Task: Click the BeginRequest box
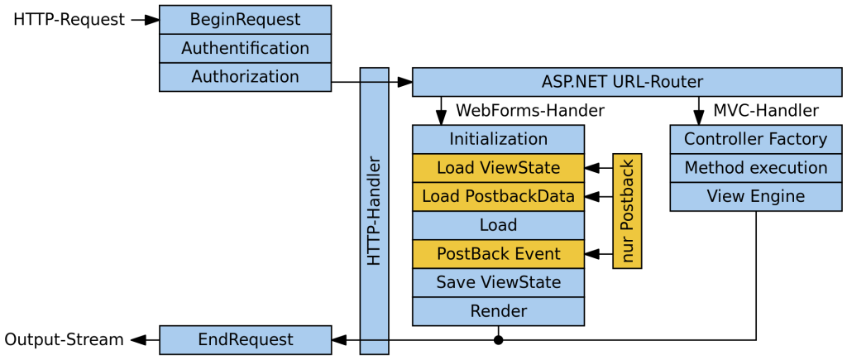245,19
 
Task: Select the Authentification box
245,48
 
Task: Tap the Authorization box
245,77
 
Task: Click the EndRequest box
245,339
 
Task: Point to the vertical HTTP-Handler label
374,211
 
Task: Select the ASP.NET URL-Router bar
626,82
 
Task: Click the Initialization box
498,139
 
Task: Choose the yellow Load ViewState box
498,168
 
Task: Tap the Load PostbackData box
498,196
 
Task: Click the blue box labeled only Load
498,225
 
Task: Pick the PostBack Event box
498,254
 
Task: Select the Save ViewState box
498,282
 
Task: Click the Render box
498,311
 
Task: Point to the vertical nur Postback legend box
627,211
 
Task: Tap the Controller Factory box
755,139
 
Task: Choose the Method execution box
755,168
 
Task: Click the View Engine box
755,196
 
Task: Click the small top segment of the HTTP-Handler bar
374,75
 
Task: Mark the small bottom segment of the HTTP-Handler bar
374,347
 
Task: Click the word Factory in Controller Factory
794,139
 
